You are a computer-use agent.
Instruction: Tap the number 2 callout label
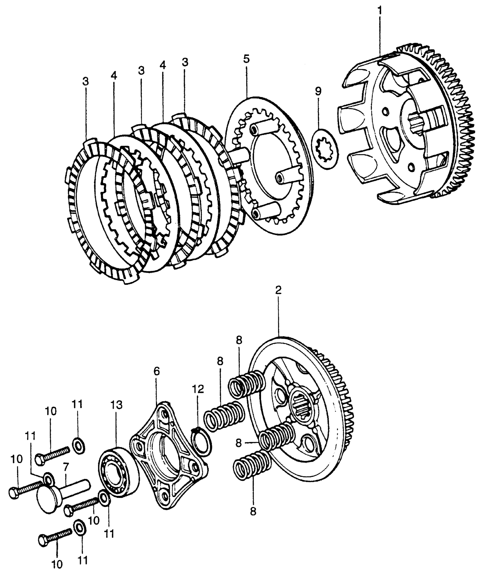[278, 290]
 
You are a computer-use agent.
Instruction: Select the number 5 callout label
[246, 59]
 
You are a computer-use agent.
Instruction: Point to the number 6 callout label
[156, 371]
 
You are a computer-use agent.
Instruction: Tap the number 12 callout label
[198, 389]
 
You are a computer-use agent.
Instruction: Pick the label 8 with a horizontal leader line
[239, 442]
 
